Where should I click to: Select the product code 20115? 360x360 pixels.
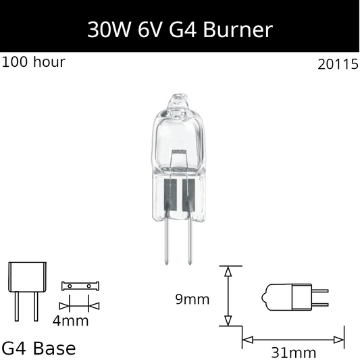[337, 65]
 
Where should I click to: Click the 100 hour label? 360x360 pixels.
[34, 62]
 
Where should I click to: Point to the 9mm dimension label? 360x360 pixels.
[192, 299]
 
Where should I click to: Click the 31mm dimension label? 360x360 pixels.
[293, 352]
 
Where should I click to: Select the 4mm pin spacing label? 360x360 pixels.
[71, 321]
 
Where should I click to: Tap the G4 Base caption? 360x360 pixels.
[39, 348]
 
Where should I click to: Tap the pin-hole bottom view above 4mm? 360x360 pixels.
[80, 286]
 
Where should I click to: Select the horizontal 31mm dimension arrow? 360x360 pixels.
[293, 337]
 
